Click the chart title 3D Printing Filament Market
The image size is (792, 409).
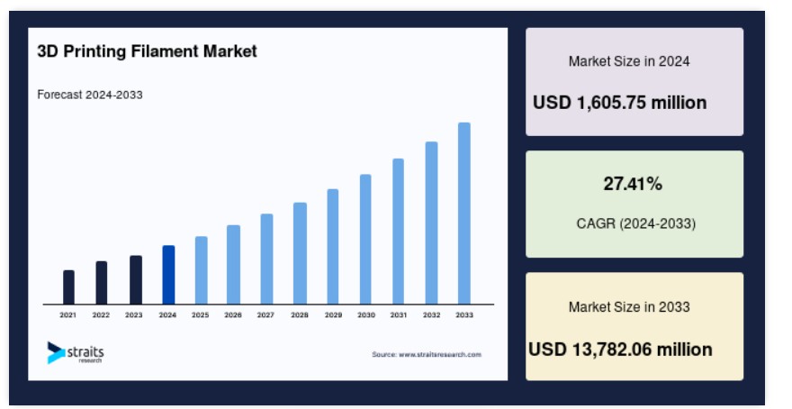[147, 51]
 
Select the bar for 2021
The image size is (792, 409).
[68, 287]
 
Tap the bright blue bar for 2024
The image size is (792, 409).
[168, 275]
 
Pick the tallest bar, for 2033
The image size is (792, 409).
[464, 214]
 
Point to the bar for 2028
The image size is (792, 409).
[300, 253]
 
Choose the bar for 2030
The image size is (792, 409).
[365, 239]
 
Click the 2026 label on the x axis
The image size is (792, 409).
[233, 315]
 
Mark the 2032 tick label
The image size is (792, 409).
[431, 315]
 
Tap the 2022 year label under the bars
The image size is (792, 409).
[101, 315]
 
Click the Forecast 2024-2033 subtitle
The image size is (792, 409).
[90, 95]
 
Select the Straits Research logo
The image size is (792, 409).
[76, 353]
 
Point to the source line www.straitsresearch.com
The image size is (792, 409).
[427, 354]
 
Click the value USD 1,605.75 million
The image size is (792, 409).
[620, 103]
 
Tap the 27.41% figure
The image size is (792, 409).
[633, 184]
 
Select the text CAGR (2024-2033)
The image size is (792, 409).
[636, 223]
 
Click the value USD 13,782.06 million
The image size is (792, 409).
[620, 350]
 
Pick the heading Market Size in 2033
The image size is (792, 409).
[629, 307]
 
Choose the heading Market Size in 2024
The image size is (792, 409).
[629, 61]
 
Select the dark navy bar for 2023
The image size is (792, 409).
[136, 280]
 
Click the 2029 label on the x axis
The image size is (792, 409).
[333, 315]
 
